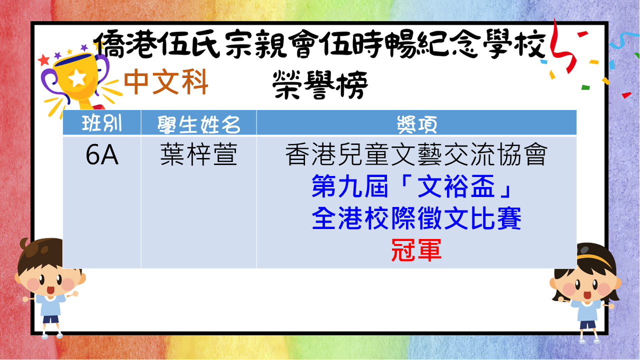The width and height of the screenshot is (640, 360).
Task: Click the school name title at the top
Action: click(319, 44)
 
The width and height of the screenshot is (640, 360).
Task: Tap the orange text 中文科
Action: click(166, 82)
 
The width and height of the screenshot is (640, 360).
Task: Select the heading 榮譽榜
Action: click(320, 85)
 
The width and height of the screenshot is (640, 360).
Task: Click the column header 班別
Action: click(101, 123)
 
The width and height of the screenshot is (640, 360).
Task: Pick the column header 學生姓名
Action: click(199, 124)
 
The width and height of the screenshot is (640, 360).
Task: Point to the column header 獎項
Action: click(417, 124)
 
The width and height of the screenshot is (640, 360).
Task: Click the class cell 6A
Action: click(102, 155)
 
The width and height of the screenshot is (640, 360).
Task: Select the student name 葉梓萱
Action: click(199, 154)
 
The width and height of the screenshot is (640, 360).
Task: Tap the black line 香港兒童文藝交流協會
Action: click(416, 154)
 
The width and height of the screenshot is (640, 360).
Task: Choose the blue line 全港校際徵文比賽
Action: click(416, 218)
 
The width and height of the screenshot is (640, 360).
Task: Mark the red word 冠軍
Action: click(416, 250)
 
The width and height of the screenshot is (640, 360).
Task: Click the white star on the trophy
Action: click(77, 77)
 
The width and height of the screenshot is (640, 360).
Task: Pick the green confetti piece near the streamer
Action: click(585, 87)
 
